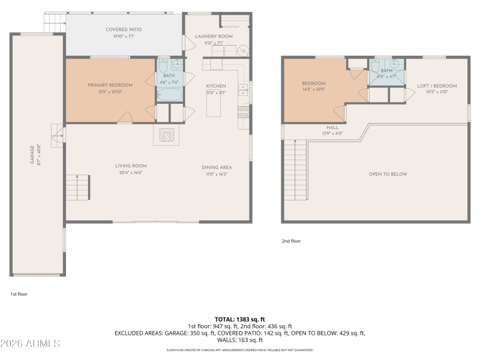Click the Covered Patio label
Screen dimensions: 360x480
tap(124, 29)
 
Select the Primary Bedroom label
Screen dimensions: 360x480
tap(110, 85)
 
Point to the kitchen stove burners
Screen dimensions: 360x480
tap(244, 111)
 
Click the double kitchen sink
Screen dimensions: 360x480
tap(243, 90)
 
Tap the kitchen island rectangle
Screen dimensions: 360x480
tap(213, 106)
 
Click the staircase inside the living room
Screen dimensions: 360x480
tap(77, 188)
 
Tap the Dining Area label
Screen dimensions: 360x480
tap(217, 167)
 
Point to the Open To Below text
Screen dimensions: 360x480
tap(388, 174)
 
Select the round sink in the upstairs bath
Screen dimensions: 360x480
tap(395, 64)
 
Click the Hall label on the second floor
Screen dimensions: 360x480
tap(332, 128)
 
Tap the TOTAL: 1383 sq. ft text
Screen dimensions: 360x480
tap(239, 319)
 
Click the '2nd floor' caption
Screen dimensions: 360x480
tap(291, 241)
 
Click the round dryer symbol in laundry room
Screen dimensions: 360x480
tap(244, 51)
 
